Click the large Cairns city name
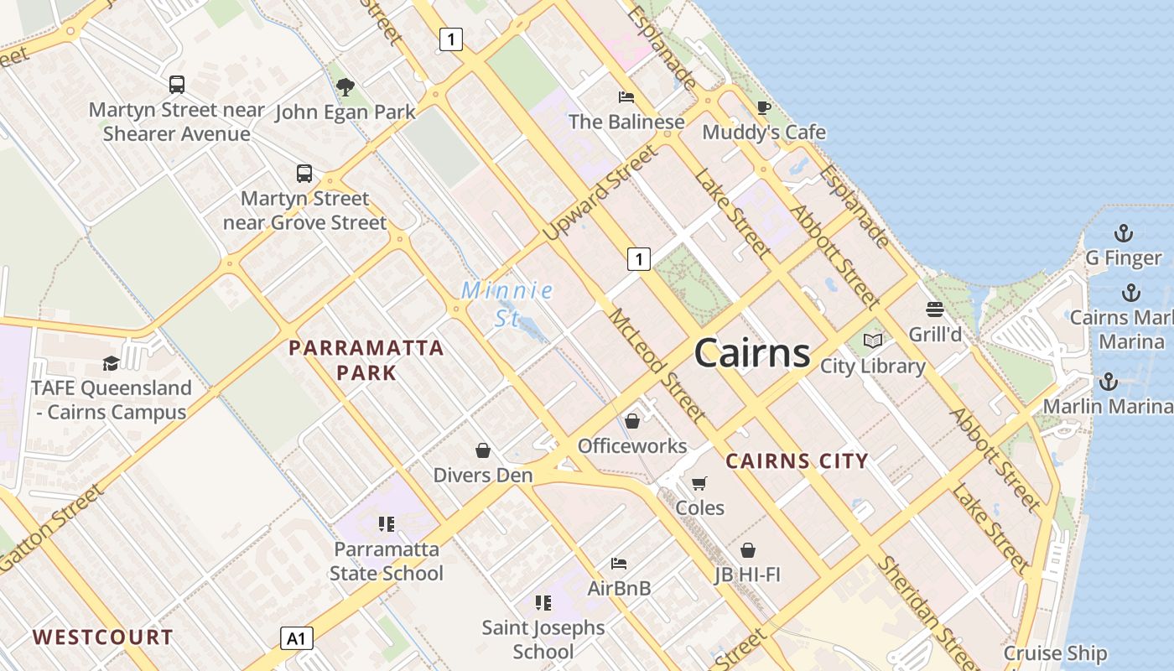coord(752,353)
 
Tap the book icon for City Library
coord(873,341)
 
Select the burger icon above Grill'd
coord(935,309)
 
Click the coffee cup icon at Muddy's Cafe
coord(763,107)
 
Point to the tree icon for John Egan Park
coord(345,86)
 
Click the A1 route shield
coord(296,638)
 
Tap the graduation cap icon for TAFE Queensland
coord(111,363)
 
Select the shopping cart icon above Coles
coord(699,483)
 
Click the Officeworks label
coord(632,446)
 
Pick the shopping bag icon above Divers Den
coord(483,451)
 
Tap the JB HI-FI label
coord(747,575)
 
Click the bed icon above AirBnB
coord(619,563)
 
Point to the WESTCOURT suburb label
coord(103,637)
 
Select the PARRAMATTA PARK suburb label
coord(366,360)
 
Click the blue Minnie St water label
coord(507,304)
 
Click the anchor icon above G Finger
coord(1123,233)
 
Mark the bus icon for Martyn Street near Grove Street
coord(304,174)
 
